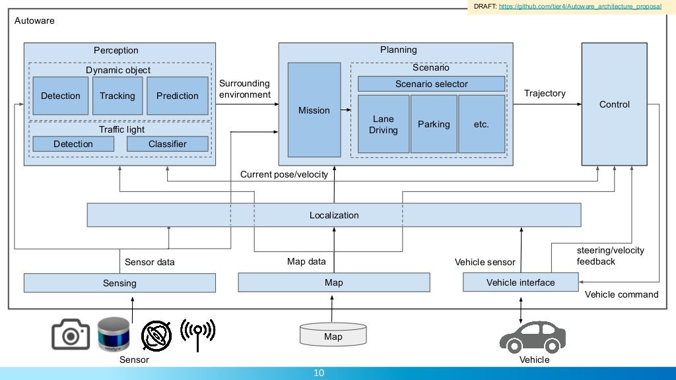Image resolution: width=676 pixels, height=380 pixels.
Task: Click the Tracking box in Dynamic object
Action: pyautogui.click(x=118, y=96)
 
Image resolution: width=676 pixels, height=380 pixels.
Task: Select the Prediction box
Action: pyautogui.click(x=177, y=96)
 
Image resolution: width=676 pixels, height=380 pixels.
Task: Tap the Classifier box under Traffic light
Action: pyautogui.click(x=167, y=144)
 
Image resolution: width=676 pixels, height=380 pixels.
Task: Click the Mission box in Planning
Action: pyautogui.click(x=314, y=110)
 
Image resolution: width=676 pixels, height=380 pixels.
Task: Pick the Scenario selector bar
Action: pyautogui.click(x=431, y=84)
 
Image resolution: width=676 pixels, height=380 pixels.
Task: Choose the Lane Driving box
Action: pyautogui.click(x=383, y=124)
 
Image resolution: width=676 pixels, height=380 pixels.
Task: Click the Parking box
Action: pyautogui.click(x=434, y=124)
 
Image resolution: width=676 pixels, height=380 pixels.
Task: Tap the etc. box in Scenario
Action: pyautogui.click(x=481, y=124)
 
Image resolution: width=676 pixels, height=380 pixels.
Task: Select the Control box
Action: pyautogui.click(x=614, y=104)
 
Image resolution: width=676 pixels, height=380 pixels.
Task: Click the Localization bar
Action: pyautogui.click(x=334, y=215)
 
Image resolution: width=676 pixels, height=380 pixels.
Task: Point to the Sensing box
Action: pyautogui.click(x=119, y=283)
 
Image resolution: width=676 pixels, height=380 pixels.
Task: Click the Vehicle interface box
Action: pyautogui.click(x=520, y=282)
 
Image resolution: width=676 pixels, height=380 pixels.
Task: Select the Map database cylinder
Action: pyautogui.click(x=333, y=334)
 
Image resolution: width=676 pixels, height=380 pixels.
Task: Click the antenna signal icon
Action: pyautogui.click(x=198, y=334)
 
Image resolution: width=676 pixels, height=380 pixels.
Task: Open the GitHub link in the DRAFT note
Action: pyautogui.click(x=580, y=6)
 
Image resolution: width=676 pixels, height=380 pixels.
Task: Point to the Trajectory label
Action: pyautogui.click(x=545, y=93)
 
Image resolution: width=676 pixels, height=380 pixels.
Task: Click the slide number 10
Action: pyautogui.click(x=319, y=373)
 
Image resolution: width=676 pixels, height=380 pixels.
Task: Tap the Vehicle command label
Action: pyautogui.click(x=621, y=294)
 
